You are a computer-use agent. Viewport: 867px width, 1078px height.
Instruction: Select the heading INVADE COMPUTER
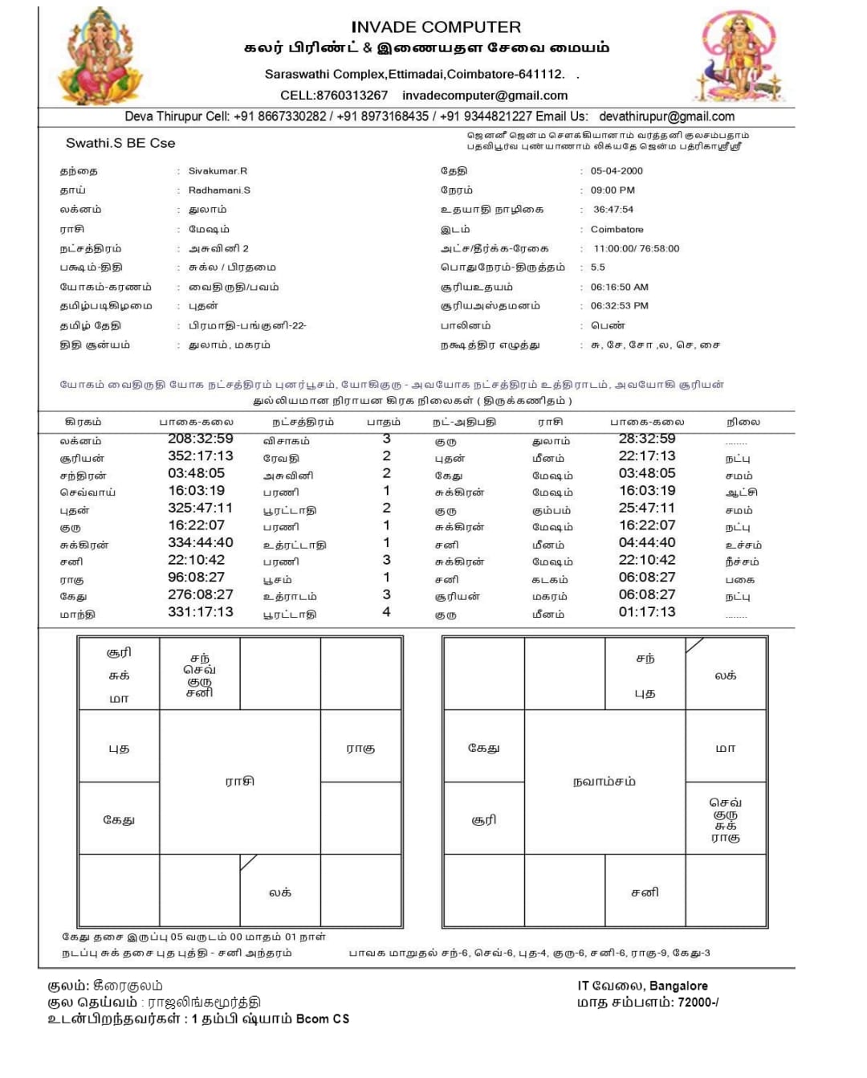click(436, 27)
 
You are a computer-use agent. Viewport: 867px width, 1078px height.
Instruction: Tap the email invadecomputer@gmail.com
click(485, 95)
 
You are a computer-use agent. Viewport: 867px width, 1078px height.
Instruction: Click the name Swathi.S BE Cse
click(120, 143)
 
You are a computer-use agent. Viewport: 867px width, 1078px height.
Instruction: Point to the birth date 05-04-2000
click(617, 171)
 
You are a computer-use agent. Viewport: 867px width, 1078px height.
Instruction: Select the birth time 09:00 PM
click(613, 190)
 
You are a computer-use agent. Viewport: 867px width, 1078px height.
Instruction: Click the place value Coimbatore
click(617, 229)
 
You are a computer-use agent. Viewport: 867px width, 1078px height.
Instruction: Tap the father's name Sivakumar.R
click(218, 171)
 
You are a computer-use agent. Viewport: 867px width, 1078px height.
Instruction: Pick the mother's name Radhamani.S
click(219, 190)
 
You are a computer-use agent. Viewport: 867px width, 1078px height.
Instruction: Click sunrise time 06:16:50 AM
click(619, 287)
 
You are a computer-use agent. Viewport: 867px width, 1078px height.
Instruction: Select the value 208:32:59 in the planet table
click(200, 439)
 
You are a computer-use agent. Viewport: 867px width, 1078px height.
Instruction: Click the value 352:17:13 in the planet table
click(200, 456)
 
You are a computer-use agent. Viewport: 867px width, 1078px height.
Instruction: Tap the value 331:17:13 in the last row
click(200, 612)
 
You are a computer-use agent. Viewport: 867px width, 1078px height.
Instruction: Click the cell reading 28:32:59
click(646, 439)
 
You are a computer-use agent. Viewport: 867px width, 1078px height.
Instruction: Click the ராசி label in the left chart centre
click(239, 781)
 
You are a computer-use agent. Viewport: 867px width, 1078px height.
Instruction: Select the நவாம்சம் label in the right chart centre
click(604, 781)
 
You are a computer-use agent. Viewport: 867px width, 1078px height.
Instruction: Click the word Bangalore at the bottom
click(678, 986)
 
